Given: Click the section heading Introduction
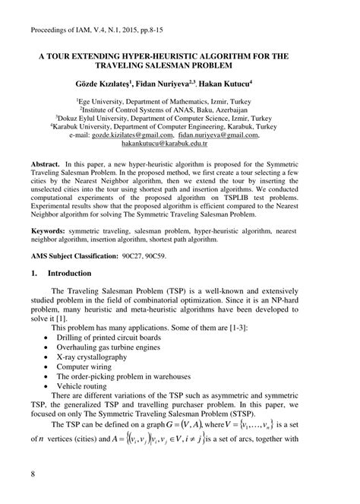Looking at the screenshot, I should pos(80,272).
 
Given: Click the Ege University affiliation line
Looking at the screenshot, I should pos(179,100).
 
